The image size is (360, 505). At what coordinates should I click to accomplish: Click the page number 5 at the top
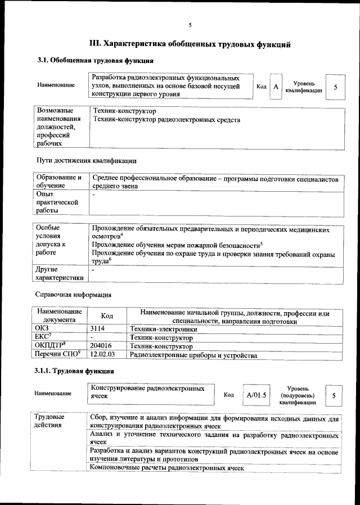tap(190, 25)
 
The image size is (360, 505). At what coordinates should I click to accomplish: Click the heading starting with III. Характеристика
tap(190, 43)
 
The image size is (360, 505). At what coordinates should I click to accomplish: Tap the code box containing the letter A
tap(276, 87)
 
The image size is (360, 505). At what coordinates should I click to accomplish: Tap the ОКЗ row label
tap(42, 330)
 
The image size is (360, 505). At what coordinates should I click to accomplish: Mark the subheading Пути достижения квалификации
tap(86, 161)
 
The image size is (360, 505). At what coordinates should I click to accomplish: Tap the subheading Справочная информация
tap(73, 295)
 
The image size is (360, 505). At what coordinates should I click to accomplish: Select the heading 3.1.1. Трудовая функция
tap(74, 371)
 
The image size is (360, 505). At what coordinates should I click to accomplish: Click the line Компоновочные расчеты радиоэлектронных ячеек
tap(167, 468)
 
